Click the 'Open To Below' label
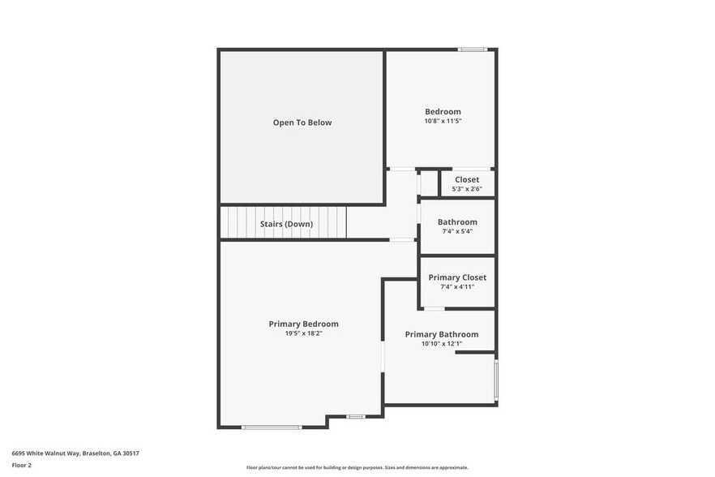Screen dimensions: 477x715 [x=302, y=122]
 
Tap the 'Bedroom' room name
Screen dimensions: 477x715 [x=443, y=111]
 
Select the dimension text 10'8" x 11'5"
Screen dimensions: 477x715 [x=443, y=121]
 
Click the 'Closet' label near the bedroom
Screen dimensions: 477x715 [x=466, y=179]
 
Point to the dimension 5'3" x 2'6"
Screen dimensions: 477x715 [x=466, y=189]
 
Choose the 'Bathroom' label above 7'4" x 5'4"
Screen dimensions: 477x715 [x=457, y=221]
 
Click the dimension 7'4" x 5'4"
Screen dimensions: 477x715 [x=457, y=231]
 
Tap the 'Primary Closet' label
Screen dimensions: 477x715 [x=457, y=277]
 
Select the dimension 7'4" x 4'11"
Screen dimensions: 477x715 [x=457, y=286]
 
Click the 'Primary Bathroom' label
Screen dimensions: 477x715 [x=441, y=334]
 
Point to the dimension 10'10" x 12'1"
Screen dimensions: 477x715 [x=441, y=344]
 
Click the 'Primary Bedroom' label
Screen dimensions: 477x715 [x=303, y=324]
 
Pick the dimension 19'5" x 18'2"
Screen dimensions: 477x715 [x=303, y=333]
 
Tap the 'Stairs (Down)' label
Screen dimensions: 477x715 [x=286, y=224]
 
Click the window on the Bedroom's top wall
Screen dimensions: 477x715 [x=472, y=50]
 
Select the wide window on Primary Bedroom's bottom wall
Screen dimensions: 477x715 [x=272, y=427]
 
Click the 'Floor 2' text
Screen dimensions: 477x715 [x=21, y=466]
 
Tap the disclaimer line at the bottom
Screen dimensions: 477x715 [x=357, y=467]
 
